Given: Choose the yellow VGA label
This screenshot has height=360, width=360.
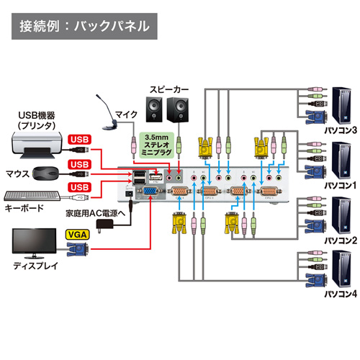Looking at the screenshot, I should (76, 234).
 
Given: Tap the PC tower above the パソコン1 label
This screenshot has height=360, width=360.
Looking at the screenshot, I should (338, 159).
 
